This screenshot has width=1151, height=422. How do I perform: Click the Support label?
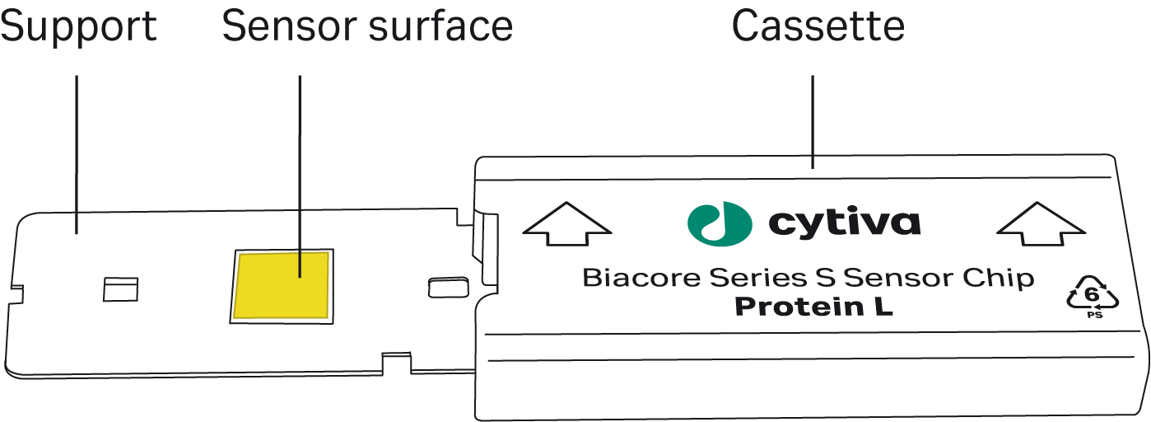point(78,28)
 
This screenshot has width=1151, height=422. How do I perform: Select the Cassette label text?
point(818,28)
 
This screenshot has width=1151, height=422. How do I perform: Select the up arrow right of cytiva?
point(1041,224)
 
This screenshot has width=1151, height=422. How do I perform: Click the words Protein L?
point(813,307)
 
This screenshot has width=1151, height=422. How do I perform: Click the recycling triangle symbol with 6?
point(1092,298)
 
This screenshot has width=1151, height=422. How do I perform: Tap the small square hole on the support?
point(120,288)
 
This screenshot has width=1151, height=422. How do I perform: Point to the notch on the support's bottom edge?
point(397,360)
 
